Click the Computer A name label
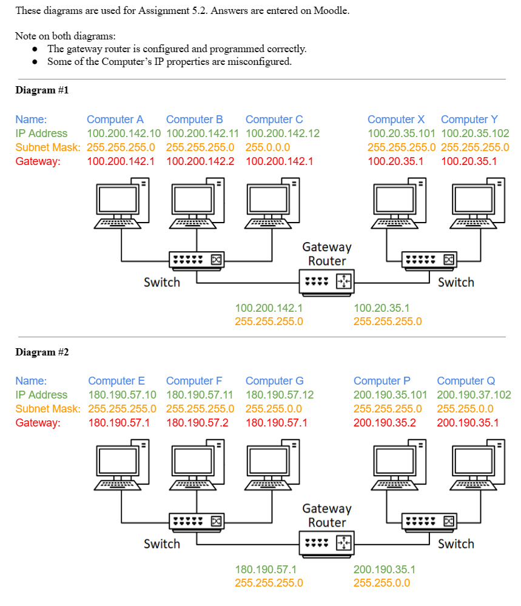pos(115,120)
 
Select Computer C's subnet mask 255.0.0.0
pos(267,147)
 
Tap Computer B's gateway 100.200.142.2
pos(200,161)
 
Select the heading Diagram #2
pos(42,352)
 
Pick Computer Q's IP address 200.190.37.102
pos(474,395)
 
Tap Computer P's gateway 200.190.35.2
pos(385,422)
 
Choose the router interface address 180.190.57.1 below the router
pos(266,570)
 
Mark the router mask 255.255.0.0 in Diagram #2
pos(382,583)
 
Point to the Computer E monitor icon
pos(119,462)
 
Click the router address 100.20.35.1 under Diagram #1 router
pos(382,308)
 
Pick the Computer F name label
pos(194,381)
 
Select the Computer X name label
pos(396,120)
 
